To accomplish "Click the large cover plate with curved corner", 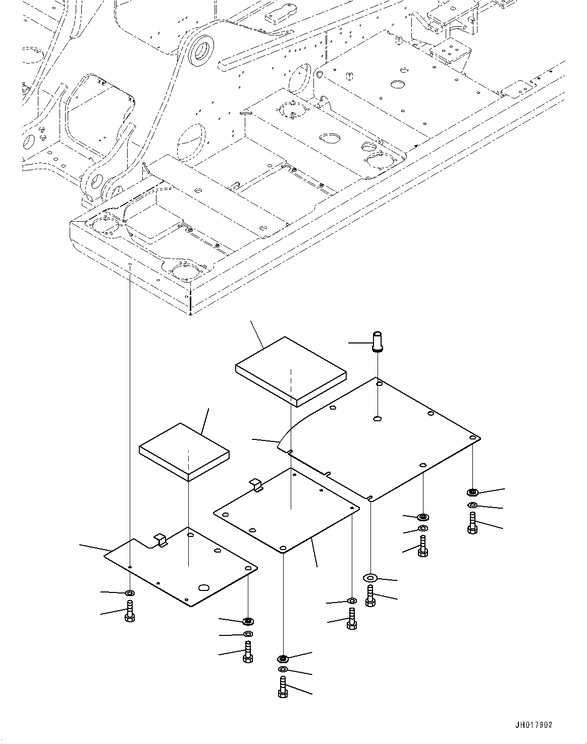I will click(384, 439).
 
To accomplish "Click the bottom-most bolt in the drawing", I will click(283, 688).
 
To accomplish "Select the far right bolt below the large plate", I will click(472, 523).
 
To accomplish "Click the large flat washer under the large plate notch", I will click(370, 577).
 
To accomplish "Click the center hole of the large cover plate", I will click(378, 418).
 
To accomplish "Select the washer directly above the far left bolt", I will click(130, 592).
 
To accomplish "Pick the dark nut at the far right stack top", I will click(472, 491).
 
